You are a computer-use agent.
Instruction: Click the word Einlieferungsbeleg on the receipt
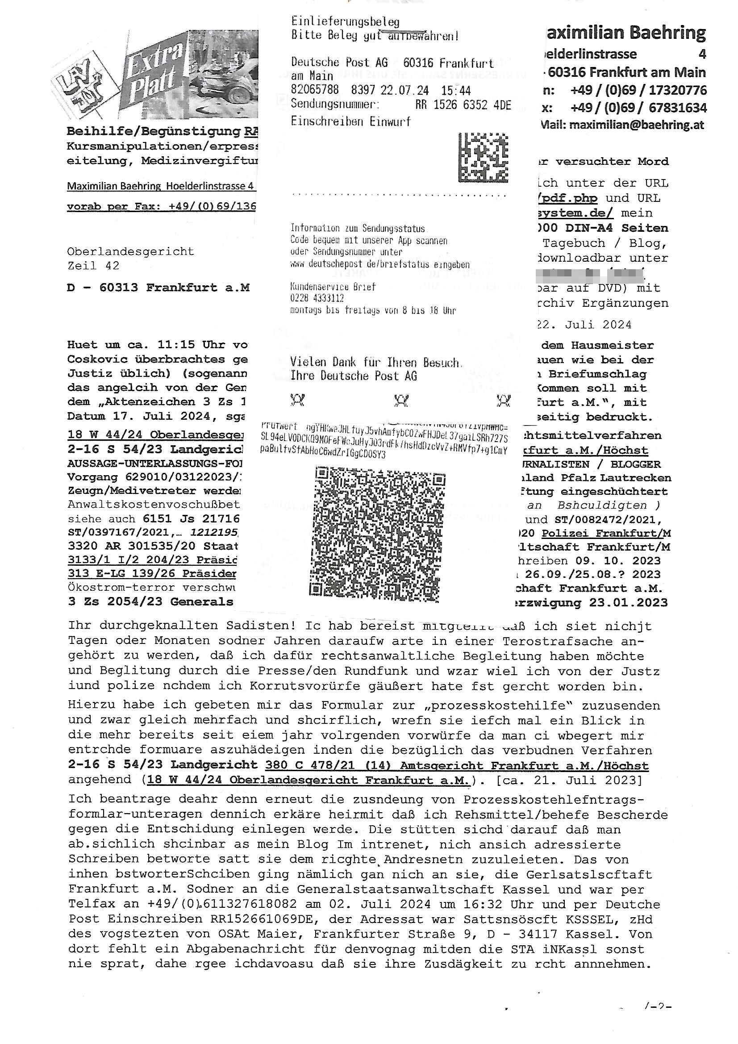[345, 21]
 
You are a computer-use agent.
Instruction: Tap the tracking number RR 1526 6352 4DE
[463, 105]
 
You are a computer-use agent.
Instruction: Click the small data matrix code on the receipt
[483, 157]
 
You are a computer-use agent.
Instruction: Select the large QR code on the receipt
[377, 534]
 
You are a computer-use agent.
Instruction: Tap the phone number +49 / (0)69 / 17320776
[638, 90]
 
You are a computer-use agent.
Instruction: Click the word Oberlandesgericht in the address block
[130, 251]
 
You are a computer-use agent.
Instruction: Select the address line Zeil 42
[93, 266]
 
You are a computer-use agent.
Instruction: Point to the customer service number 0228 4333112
[317, 298]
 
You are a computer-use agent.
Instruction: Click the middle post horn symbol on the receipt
[401, 401]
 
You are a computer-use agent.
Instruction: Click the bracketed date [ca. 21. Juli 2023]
[569, 780]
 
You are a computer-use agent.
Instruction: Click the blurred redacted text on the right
[590, 275]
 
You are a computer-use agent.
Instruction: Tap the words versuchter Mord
[612, 161]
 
